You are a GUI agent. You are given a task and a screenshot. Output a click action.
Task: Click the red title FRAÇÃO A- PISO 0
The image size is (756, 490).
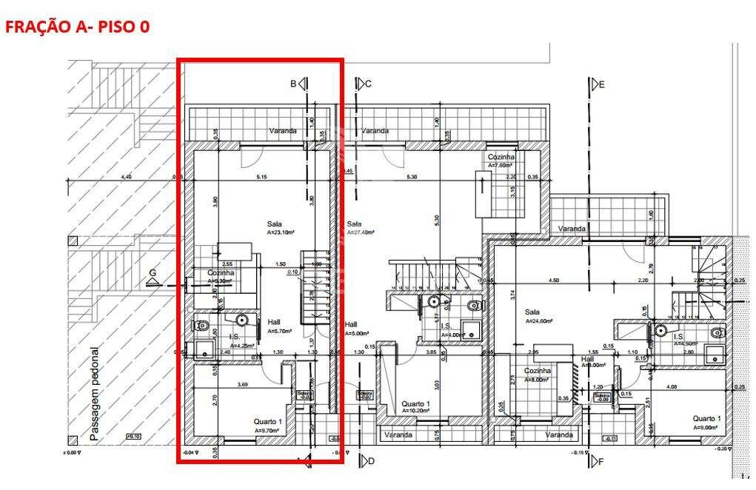pos(77,27)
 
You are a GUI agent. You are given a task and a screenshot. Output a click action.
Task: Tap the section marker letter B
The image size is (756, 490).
pos(293,84)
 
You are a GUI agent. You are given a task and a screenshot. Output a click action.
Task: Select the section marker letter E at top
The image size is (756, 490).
pos(601,85)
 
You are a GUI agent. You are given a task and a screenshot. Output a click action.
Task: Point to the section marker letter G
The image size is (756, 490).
pos(153,273)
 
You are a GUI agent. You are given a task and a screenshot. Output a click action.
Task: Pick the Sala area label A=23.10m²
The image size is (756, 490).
pos(281,232)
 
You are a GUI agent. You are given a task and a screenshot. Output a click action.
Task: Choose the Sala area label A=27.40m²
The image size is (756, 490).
pos(361,232)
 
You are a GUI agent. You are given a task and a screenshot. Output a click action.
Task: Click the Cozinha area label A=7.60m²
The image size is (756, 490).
pos(501,165)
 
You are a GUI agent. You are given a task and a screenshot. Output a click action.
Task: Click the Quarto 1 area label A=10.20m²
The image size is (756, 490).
pos(415,410)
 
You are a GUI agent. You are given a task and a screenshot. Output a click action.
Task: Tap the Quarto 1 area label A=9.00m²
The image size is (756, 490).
pos(706,427)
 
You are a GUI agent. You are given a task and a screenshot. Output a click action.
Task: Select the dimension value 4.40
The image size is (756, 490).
pos(126,177)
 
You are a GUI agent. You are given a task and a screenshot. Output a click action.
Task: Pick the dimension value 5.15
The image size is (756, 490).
pos(261,177)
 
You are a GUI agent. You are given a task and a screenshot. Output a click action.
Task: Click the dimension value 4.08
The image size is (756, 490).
pos(672,386)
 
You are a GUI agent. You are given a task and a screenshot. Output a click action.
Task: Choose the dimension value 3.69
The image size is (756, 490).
pos(242,386)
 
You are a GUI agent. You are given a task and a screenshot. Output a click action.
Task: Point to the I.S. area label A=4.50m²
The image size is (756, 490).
pos(684,343)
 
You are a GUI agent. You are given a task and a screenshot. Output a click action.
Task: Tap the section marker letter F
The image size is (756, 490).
pos(601,462)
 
